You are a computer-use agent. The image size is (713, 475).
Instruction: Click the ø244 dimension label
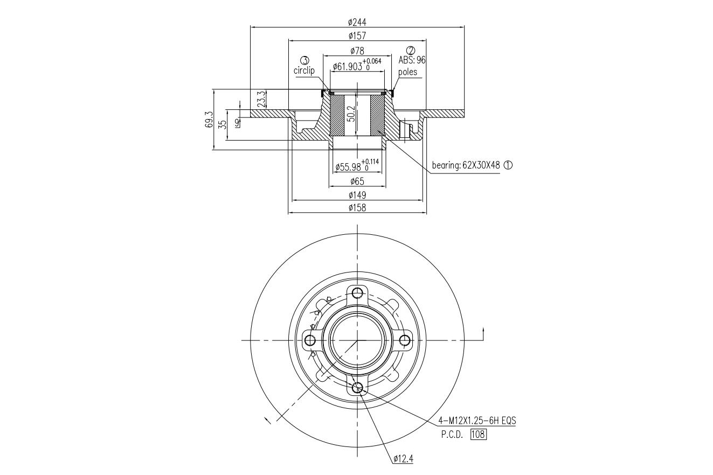point(357,22)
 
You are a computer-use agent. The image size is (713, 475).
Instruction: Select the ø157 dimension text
point(357,36)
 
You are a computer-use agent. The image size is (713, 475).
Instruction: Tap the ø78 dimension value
point(357,51)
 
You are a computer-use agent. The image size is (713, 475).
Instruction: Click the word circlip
point(304,71)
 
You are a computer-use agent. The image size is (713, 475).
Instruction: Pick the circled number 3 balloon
point(305,60)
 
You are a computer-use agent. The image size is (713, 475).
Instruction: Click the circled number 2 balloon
point(411,50)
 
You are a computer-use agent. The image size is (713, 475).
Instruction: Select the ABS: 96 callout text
point(412,60)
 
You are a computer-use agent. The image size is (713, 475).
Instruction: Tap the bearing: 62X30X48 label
point(466,165)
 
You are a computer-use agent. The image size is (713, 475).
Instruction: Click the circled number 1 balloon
point(508,165)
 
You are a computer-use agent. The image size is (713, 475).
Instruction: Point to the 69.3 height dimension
point(209,120)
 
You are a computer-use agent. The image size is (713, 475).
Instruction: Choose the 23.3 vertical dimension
point(261,99)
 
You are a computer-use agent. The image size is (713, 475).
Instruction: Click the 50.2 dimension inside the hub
point(351,114)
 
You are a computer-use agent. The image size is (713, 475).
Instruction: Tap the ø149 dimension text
point(357,195)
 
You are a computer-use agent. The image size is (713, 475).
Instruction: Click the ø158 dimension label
point(357,208)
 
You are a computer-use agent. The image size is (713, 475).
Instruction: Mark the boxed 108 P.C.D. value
point(479,434)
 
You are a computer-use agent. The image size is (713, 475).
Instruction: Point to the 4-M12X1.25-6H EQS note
point(477,421)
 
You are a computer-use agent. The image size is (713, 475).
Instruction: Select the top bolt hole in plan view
point(357,292)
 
